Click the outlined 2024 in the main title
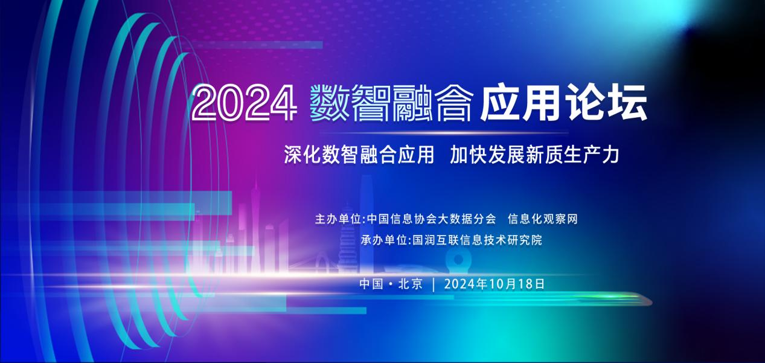tap(244, 103)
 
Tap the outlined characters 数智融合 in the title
tap(392, 103)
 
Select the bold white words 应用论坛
tap(564, 102)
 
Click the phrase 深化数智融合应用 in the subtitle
tap(359, 155)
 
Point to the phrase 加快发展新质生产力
tap(534, 155)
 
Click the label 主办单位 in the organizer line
tap(339, 219)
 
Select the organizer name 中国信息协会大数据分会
tap(431, 219)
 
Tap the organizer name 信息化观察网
tap(543, 219)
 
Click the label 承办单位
tap(384, 240)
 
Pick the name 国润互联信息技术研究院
tap(478, 240)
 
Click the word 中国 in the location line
tap(371, 284)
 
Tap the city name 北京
tap(411, 284)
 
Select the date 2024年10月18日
tap(494, 284)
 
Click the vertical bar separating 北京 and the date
tap(434, 284)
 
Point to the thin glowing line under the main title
tap(444, 133)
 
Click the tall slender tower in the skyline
tap(255, 225)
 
